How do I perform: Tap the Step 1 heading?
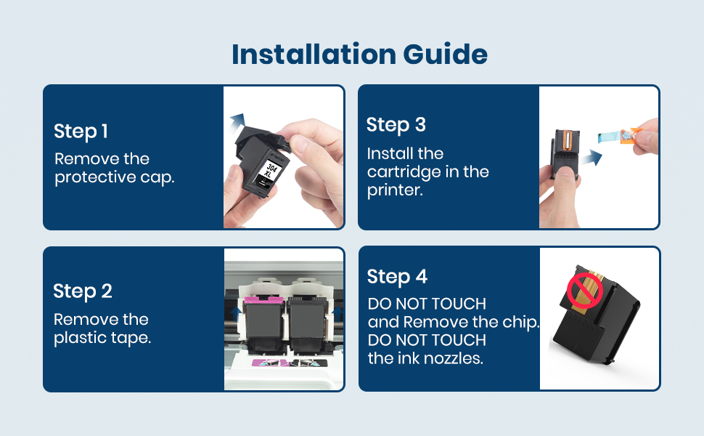[81, 132]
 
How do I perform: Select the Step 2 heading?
[83, 291]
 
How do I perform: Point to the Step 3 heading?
[396, 125]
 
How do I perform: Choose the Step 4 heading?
[397, 277]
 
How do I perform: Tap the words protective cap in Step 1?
[115, 177]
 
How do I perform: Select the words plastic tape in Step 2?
[102, 338]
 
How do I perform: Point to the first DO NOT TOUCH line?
[427, 304]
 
